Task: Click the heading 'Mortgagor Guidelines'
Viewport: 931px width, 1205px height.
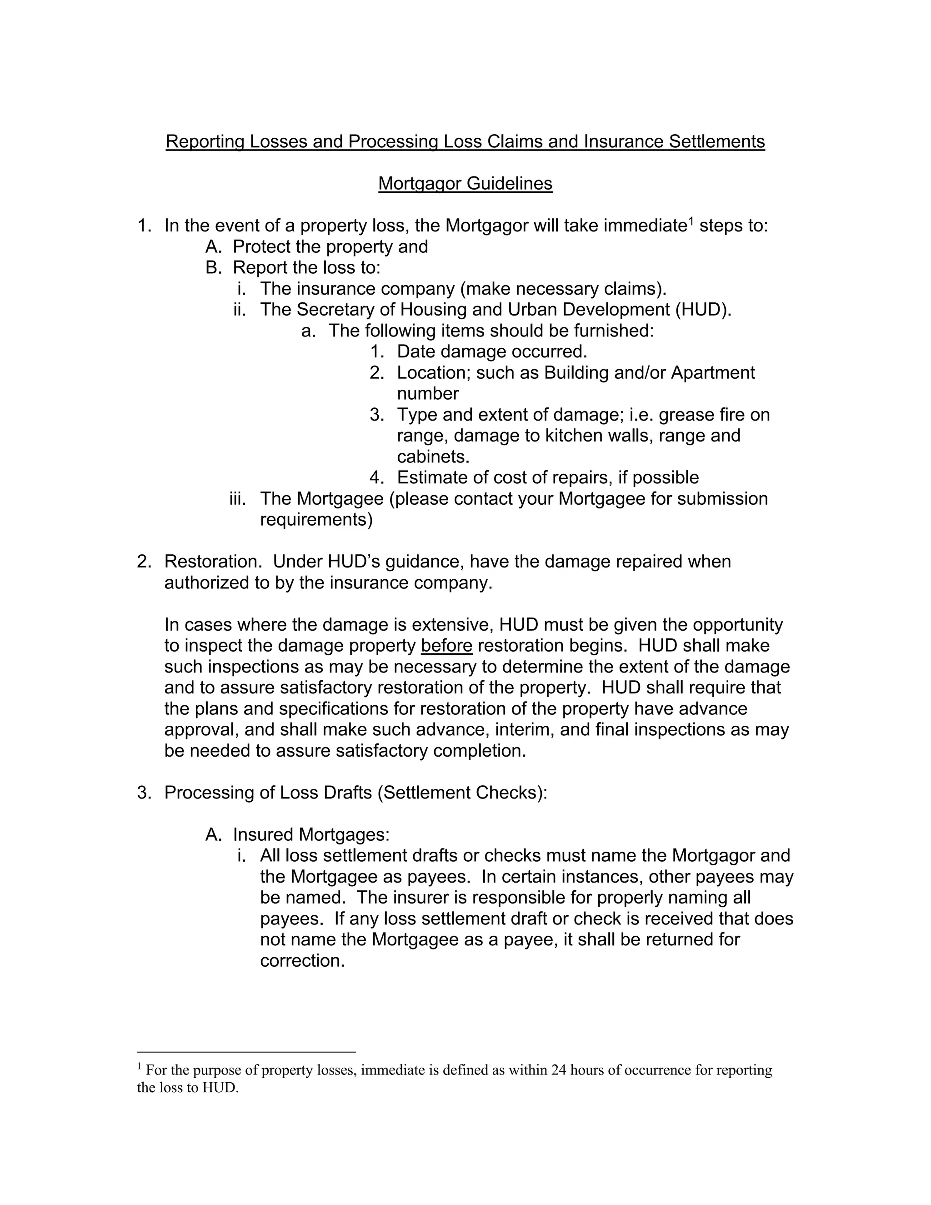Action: click(x=465, y=184)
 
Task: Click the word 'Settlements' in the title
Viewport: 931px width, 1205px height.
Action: click(x=716, y=142)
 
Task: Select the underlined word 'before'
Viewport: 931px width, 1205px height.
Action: click(x=446, y=646)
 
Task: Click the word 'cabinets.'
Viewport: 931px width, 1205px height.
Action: click(x=433, y=457)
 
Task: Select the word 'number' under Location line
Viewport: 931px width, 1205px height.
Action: click(x=427, y=393)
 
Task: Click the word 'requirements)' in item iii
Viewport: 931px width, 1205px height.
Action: click(x=316, y=520)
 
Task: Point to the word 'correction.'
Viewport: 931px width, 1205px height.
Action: click(x=302, y=960)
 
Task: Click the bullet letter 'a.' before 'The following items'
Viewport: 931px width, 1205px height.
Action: click(x=308, y=331)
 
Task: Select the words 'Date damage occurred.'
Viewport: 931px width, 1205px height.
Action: click(x=492, y=351)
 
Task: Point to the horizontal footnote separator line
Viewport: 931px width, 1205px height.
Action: click(x=246, y=1052)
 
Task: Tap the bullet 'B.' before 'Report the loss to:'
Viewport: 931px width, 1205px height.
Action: click(x=213, y=267)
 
